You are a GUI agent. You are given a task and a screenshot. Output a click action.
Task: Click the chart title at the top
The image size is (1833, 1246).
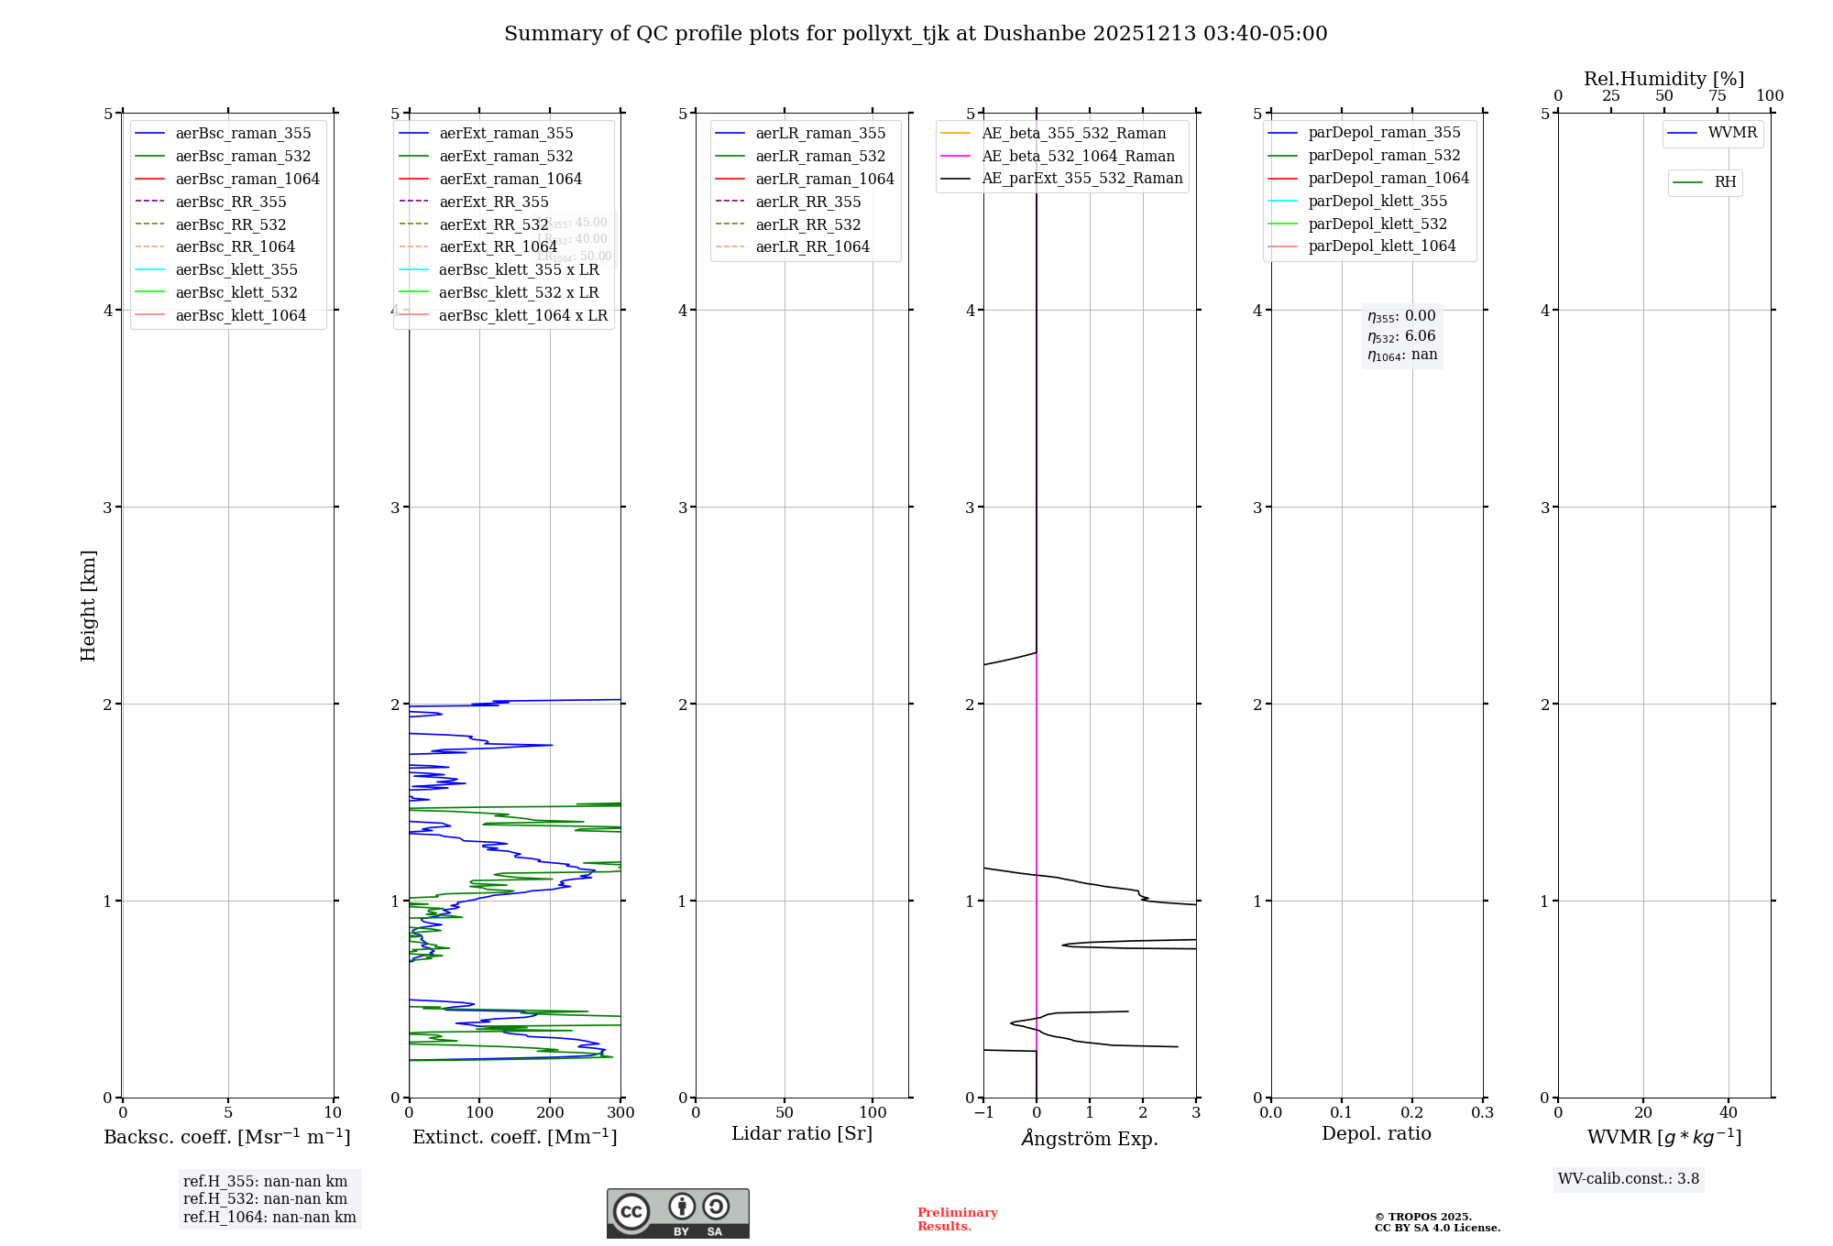click(916, 34)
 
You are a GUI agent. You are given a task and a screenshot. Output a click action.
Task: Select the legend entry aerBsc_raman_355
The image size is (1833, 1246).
click(243, 134)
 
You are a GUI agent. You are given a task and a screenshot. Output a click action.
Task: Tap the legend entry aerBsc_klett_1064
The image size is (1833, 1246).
click(240, 315)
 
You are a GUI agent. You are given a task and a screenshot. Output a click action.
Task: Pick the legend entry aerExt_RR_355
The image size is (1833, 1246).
click(493, 202)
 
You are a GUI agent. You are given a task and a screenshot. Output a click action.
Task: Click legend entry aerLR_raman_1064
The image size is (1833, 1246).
click(824, 179)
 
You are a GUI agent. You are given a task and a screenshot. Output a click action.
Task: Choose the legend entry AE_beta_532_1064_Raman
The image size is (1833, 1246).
click(1078, 156)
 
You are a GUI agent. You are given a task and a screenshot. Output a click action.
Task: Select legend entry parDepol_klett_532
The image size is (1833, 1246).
click(1377, 224)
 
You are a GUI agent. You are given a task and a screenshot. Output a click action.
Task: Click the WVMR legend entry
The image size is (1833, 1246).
click(1732, 133)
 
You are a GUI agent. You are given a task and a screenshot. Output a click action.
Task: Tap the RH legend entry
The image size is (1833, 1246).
click(1725, 182)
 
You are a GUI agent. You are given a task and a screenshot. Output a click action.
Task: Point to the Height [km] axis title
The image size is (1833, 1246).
click(88, 605)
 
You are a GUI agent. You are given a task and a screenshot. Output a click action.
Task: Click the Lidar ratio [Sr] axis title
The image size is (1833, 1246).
click(802, 1133)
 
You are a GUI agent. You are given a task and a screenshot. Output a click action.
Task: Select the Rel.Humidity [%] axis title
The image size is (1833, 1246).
click(1663, 79)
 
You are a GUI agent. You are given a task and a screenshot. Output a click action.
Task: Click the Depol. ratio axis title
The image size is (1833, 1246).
click(1376, 1133)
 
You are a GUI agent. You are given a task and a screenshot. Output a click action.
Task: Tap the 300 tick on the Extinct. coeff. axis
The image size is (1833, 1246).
click(621, 1113)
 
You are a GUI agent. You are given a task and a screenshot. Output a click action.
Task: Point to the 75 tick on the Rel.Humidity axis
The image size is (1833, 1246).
click(1717, 96)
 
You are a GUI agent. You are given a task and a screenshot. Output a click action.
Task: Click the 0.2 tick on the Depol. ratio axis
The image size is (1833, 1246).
click(1412, 1113)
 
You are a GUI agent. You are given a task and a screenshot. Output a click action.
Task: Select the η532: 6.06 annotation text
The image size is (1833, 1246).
click(1401, 336)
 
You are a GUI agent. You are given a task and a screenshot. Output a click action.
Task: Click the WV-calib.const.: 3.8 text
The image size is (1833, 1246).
click(1628, 1179)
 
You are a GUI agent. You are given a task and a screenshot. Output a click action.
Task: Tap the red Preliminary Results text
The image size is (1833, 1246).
click(957, 1219)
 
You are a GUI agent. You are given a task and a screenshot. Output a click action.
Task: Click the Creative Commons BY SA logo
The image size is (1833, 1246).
click(677, 1214)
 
